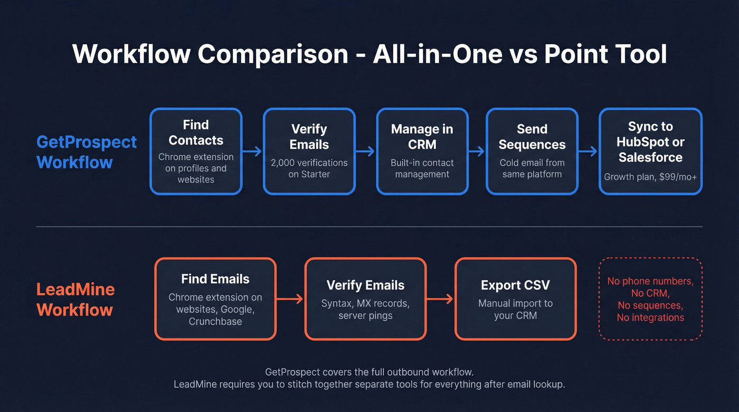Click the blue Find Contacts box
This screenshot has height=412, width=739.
click(x=196, y=151)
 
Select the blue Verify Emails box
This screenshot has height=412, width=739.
click(x=309, y=151)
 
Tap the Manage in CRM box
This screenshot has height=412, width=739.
click(x=422, y=151)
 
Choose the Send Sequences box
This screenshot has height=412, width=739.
click(x=532, y=151)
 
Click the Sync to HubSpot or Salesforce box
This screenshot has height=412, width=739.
click(x=650, y=151)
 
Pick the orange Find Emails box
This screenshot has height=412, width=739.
click(x=215, y=299)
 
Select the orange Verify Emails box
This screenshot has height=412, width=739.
click(x=365, y=299)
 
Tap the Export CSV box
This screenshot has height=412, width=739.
click(x=515, y=299)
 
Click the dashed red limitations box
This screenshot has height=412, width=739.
click(x=650, y=299)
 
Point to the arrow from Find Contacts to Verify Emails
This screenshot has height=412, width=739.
click(x=252, y=151)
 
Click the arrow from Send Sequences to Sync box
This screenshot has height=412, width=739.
click(x=588, y=151)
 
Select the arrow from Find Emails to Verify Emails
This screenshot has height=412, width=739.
click(x=290, y=299)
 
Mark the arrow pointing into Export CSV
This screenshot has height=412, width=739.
click(x=440, y=299)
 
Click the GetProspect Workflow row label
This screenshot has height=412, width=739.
click(x=87, y=151)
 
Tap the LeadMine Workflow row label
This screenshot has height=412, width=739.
click(x=75, y=299)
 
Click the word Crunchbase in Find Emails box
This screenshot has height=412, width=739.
click(x=215, y=321)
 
